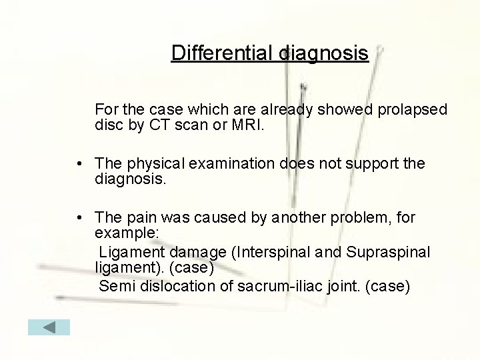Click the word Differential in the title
click(x=222, y=53)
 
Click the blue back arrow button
click(x=49, y=327)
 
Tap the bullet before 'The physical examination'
click(x=79, y=164)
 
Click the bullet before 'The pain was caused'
click(x=79, y=218)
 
